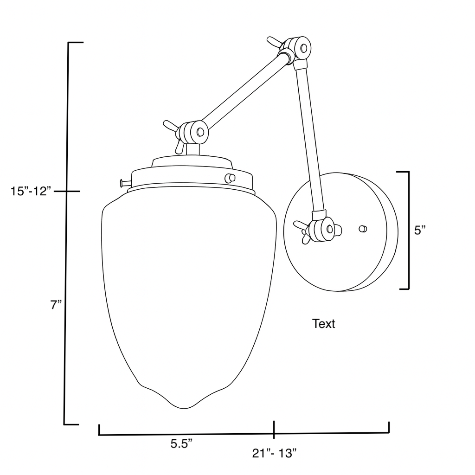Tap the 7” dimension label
point(56,305)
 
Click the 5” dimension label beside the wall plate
point(420,230)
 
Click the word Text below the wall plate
point(323,324)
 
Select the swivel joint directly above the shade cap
point(193,132)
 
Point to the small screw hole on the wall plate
point(363,228)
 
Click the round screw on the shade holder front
point(229,178)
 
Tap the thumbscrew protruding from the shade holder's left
point(123,183)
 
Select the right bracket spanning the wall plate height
point(407,230)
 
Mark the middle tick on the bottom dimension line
point(274,430)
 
